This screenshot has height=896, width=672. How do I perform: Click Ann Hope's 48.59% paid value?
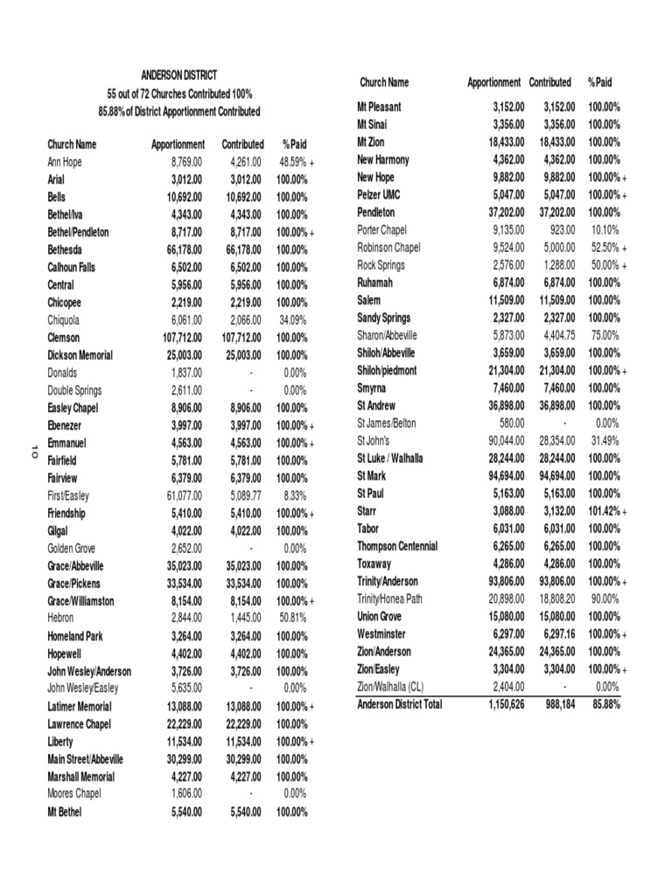coord(291,162)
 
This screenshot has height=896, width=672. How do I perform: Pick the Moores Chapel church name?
coord(75,794)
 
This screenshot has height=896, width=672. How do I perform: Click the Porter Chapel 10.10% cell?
coord(603,230)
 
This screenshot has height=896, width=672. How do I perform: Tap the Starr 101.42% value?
coord(603,511)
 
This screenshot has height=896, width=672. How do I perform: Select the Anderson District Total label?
coord(400,703)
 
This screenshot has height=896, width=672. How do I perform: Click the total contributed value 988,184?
coord(553,703)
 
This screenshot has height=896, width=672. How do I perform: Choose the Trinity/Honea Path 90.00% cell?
coord(603,598)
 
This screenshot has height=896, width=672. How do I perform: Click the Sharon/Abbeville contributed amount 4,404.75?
coord(553,335)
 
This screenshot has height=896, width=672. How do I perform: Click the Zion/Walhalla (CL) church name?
coord(396,687)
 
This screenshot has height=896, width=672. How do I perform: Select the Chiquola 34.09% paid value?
coord(291,320)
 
